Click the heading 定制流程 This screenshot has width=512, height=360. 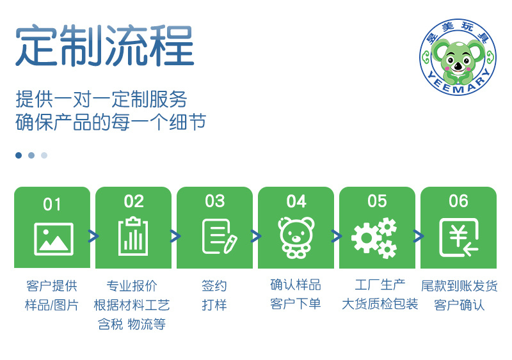[104, 45]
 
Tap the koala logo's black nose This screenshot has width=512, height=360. [458, 67]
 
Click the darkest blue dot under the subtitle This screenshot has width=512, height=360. [19, 155]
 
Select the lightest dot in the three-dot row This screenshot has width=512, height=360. [44, 155]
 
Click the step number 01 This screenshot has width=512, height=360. [52, 205]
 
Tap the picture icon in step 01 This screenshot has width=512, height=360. [54, 239]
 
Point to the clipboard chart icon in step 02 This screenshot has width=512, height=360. [133, 236]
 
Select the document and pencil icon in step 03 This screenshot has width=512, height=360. [220, 237]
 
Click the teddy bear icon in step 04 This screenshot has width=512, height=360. [296, 237]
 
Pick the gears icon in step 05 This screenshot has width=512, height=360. [374, 238]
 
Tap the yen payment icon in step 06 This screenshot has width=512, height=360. [459, 237]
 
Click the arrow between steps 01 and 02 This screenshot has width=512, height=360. [93, 236]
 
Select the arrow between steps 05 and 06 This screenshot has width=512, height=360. [419, 236]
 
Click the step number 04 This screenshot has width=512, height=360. [296, 201]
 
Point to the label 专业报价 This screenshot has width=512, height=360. [132, 286]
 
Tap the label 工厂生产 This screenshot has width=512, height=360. [380, 285]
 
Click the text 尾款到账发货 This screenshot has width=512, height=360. [459, 286]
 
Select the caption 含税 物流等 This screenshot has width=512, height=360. [132, 324]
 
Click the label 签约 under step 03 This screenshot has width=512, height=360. [214, 286]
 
